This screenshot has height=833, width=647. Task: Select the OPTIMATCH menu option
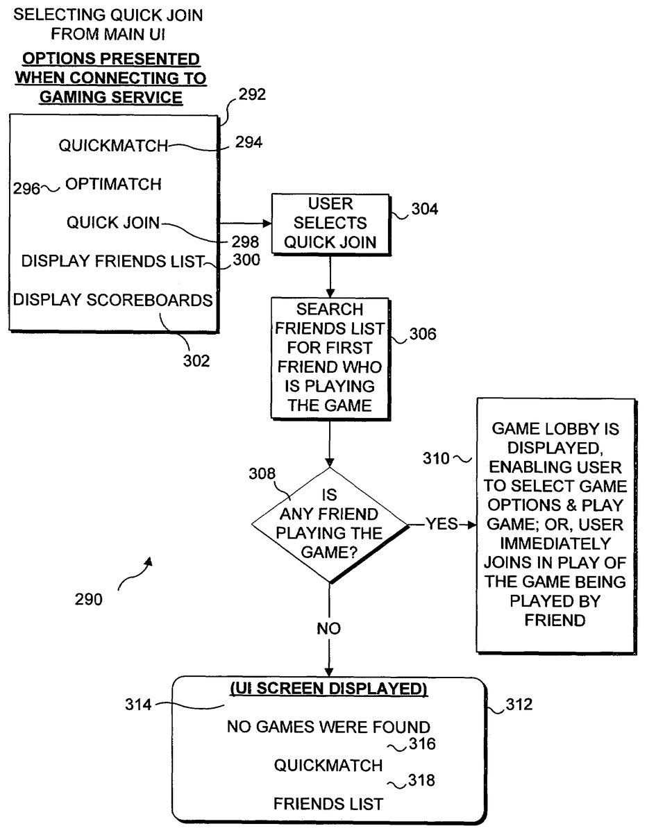113,185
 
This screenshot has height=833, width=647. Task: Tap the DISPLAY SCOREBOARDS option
113,300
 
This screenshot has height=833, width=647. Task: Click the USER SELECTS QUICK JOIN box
330,224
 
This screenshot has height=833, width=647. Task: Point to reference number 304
423,208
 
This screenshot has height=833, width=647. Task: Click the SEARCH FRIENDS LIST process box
330,357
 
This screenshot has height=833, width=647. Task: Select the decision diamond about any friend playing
330,524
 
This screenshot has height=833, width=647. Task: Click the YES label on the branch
442,523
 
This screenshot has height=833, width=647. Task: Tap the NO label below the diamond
328,629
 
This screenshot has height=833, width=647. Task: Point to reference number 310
437,458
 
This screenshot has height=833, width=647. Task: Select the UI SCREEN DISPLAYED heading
328,689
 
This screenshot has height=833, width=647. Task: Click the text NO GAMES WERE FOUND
328,727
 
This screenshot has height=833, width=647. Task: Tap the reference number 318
421,781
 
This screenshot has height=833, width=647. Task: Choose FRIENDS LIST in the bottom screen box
328,805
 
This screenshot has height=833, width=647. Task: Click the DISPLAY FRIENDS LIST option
112,262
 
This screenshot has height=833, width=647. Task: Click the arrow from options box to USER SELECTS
245,224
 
